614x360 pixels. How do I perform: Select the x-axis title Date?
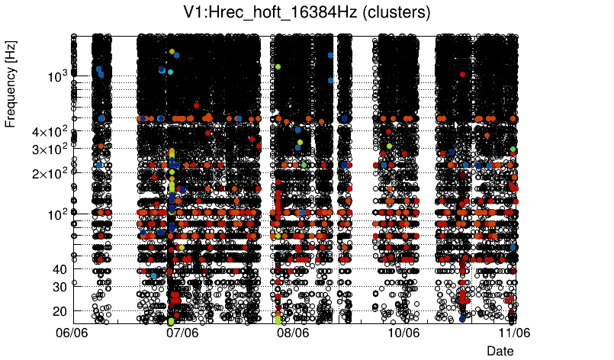[x=500, y=351]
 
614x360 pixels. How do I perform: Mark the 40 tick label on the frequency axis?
[x=59, y=268]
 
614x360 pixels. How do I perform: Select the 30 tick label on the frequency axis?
[x=59, y=287]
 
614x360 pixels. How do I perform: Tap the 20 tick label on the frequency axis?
[x=59, y=311]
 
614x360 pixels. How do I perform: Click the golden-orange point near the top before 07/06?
[x=172, y=52]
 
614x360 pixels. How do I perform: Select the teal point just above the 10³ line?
[x=171, y=72]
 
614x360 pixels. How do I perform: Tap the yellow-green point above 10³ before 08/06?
[x=278, y=67]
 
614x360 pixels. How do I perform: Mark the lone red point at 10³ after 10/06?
[x=462, y=74]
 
